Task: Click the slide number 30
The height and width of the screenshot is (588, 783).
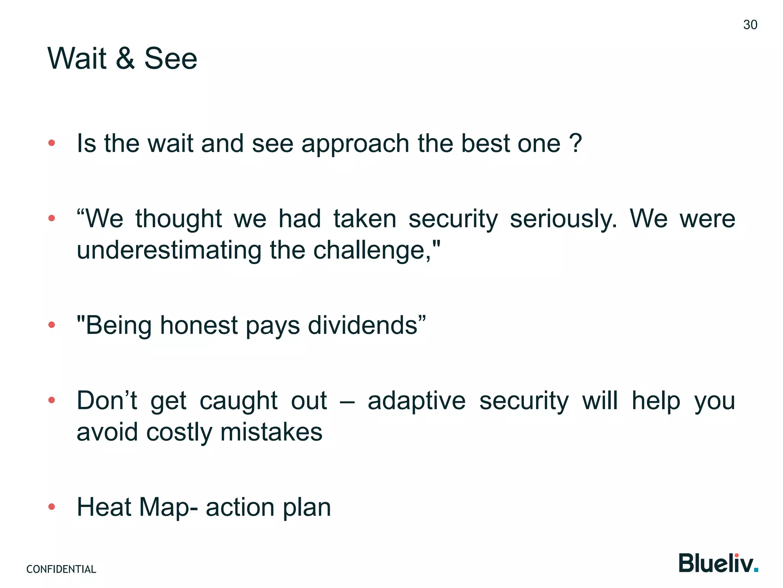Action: click(x=750, y=25)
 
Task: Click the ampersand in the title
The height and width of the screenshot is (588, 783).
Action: click(x=125, y=59)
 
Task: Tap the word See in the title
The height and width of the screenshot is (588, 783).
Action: click(x=171, y=59)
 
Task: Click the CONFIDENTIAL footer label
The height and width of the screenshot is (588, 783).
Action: click(x=61, y=569)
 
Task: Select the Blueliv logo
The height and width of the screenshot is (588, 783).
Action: click(x=718, y=563)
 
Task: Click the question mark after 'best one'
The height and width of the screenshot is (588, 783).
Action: click(x=575, y=143)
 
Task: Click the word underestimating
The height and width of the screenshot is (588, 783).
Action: click(x=169, y=250)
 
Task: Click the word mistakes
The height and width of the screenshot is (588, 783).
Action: click(x=271, y=432)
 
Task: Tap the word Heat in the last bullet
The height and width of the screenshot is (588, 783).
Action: click(x=104, y=507)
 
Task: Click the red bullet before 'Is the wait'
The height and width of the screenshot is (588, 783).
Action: click(x=52, y=144)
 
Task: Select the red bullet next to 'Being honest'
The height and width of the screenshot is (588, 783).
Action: click(x=52, y=325)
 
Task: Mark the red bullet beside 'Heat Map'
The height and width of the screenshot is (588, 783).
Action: click(x=52, y=507)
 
